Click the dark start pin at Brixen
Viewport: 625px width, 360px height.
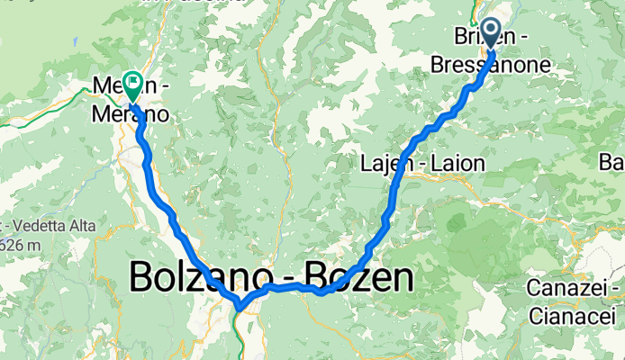tap(492, 33)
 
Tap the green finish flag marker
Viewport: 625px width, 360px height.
tap(133, 86)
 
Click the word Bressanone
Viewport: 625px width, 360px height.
tap(504, 65)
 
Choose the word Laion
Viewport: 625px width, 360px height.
tap(456, 164)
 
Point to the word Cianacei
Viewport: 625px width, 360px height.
tap(573, 316)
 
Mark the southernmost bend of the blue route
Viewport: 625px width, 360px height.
tap(240, 307)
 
